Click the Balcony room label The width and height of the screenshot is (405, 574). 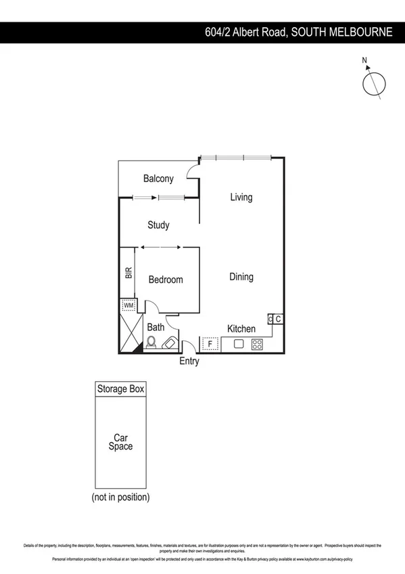click(158, 179)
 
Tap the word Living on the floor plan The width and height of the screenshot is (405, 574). click(241, 198)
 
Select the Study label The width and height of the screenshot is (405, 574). click(158, 225)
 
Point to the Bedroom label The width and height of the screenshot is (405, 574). click(166, 280)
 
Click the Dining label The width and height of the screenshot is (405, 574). click(241, 277)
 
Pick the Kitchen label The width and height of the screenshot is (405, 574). click(241, 329)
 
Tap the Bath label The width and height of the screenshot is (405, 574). click(156, 328)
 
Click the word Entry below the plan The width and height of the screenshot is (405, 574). click(189, 361)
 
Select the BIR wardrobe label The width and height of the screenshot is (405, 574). click(128, 273)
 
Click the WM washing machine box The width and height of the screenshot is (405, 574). click(128, 305)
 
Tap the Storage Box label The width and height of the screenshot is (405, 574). click(120, 389)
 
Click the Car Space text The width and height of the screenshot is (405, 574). click(120, 442)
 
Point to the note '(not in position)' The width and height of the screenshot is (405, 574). click(120, 498)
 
